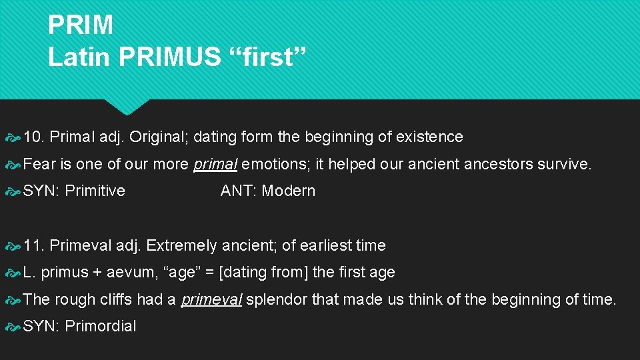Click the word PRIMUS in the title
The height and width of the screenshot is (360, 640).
click(169, 57)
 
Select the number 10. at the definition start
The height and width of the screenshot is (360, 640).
click(34, 137)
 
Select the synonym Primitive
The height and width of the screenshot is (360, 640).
click(95, 191)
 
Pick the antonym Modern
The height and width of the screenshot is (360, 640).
click(288, 191)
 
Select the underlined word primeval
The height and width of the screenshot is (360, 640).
click(212, 299)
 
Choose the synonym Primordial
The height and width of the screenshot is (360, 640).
click(100, 326)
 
